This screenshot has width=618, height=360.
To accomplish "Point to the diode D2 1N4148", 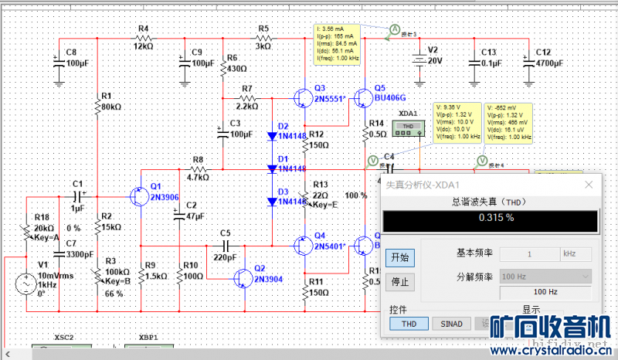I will click(273, 136).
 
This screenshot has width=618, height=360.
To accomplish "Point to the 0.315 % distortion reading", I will click(496, 219).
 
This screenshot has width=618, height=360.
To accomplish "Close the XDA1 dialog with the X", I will click(589, 185).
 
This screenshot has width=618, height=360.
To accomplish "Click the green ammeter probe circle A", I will click(393, 29).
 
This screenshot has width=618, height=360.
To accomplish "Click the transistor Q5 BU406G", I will click(362, 99).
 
